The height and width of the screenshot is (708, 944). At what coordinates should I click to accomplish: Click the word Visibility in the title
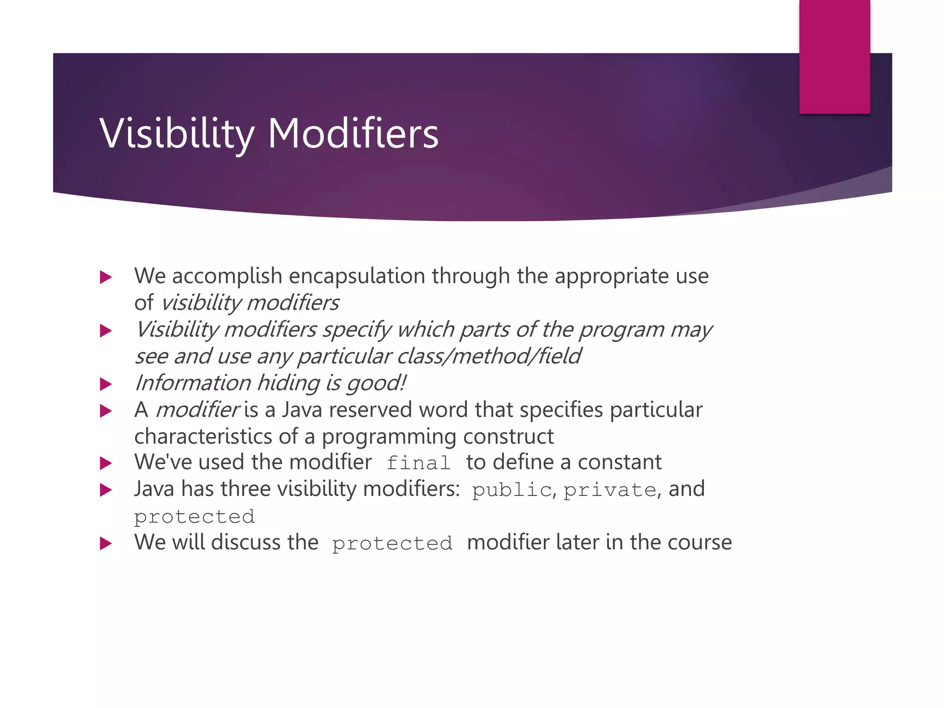177,133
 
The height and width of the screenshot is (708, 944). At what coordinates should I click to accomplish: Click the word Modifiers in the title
353,133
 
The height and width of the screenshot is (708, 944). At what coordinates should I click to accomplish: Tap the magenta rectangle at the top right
834,56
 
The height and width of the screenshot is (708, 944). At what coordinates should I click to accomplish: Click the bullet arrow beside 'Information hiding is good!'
106,384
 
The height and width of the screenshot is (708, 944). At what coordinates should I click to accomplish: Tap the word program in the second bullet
621,330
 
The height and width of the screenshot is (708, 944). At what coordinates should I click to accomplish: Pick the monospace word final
418,463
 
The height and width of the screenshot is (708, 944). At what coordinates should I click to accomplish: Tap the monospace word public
512,490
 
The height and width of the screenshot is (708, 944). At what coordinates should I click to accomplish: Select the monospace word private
609,490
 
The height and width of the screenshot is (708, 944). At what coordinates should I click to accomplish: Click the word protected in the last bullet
392,543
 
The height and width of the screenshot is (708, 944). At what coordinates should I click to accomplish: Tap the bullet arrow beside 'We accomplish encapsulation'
106,277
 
